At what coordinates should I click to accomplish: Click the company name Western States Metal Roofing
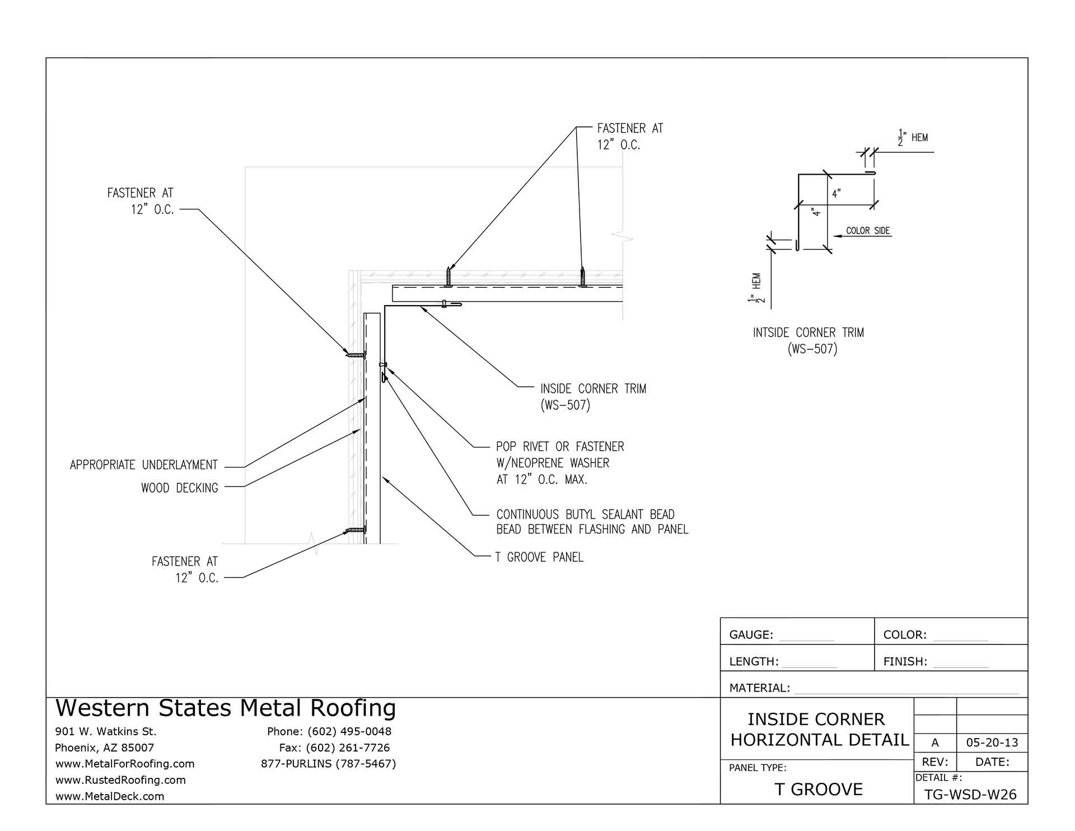coord(226,708)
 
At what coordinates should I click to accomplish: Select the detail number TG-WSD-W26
coord(970,795)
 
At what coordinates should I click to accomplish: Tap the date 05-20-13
coord(992,743)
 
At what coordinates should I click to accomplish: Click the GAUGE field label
coord(751,635)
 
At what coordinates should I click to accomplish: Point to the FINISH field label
coord(905,662)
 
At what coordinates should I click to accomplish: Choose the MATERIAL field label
coord(759,688)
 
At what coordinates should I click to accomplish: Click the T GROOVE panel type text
coord(819,790)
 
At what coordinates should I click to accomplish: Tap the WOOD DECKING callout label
coord(179,488)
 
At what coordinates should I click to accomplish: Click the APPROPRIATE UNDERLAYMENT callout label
coord(143,465)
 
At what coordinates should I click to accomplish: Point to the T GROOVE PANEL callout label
coord(539,557)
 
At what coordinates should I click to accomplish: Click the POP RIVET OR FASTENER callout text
coord(559,447)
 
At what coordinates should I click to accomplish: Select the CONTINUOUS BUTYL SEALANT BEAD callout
coord(585,515)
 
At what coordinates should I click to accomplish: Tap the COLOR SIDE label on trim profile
coord(868,231)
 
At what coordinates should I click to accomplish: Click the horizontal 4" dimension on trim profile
coord(836,194)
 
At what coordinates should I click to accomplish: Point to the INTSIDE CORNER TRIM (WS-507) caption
coord(808,340)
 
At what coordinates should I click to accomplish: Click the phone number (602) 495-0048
coord(349,731)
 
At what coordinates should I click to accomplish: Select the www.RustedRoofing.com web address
coord(120,780)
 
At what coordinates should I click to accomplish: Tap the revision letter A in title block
coord(934,743)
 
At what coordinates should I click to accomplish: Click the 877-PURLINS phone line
coord(328,764)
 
